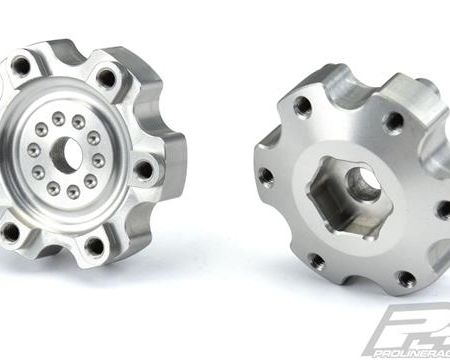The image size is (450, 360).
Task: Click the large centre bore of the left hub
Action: coord(67,153)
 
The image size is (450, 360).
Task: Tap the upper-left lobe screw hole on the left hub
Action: coord(20,67)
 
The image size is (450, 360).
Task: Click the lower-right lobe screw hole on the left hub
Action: coord(95,244)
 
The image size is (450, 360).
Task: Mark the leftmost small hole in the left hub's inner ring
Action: coord(33,150)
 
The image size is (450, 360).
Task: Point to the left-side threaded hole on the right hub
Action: coord(265,176)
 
